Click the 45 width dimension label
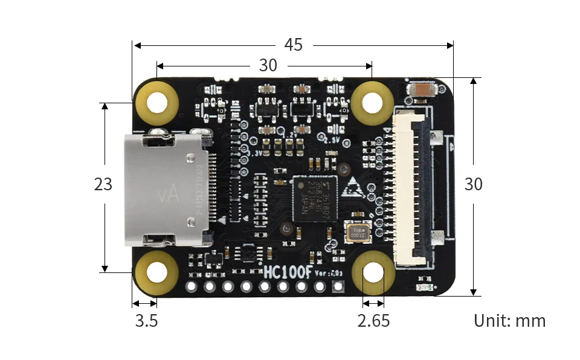293,45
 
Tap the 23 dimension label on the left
103,184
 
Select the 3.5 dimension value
146,321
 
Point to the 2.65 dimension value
373,321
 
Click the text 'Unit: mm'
509,321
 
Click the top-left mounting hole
157,102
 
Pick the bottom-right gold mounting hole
373,272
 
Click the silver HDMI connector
163,191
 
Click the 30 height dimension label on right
473,184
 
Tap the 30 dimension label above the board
268,65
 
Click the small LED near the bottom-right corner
425,287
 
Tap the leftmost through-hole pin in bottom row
192,286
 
